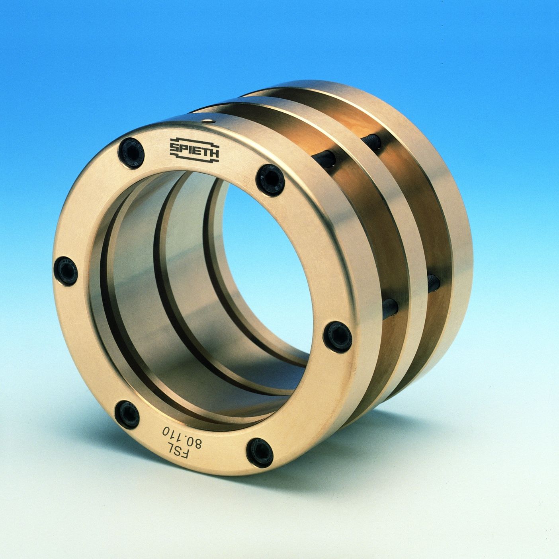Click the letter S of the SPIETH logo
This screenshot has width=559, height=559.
coord(174,149)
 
